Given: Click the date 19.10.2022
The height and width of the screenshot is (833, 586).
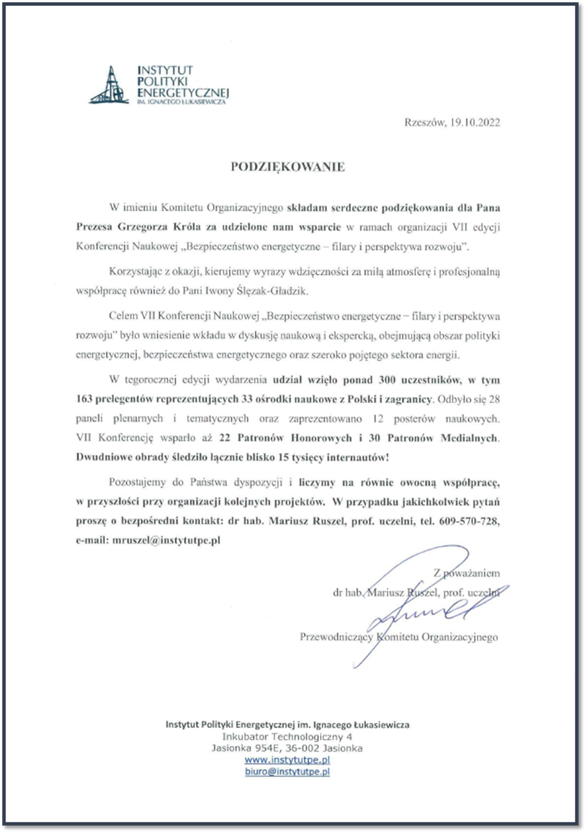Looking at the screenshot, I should pos(474,123).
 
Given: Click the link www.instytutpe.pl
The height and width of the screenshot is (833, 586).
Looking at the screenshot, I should pos(287,760).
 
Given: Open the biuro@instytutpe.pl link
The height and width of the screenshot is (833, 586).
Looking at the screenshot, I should pos(287,771).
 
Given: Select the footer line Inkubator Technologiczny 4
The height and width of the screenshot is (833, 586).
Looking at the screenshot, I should pos(287,736).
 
